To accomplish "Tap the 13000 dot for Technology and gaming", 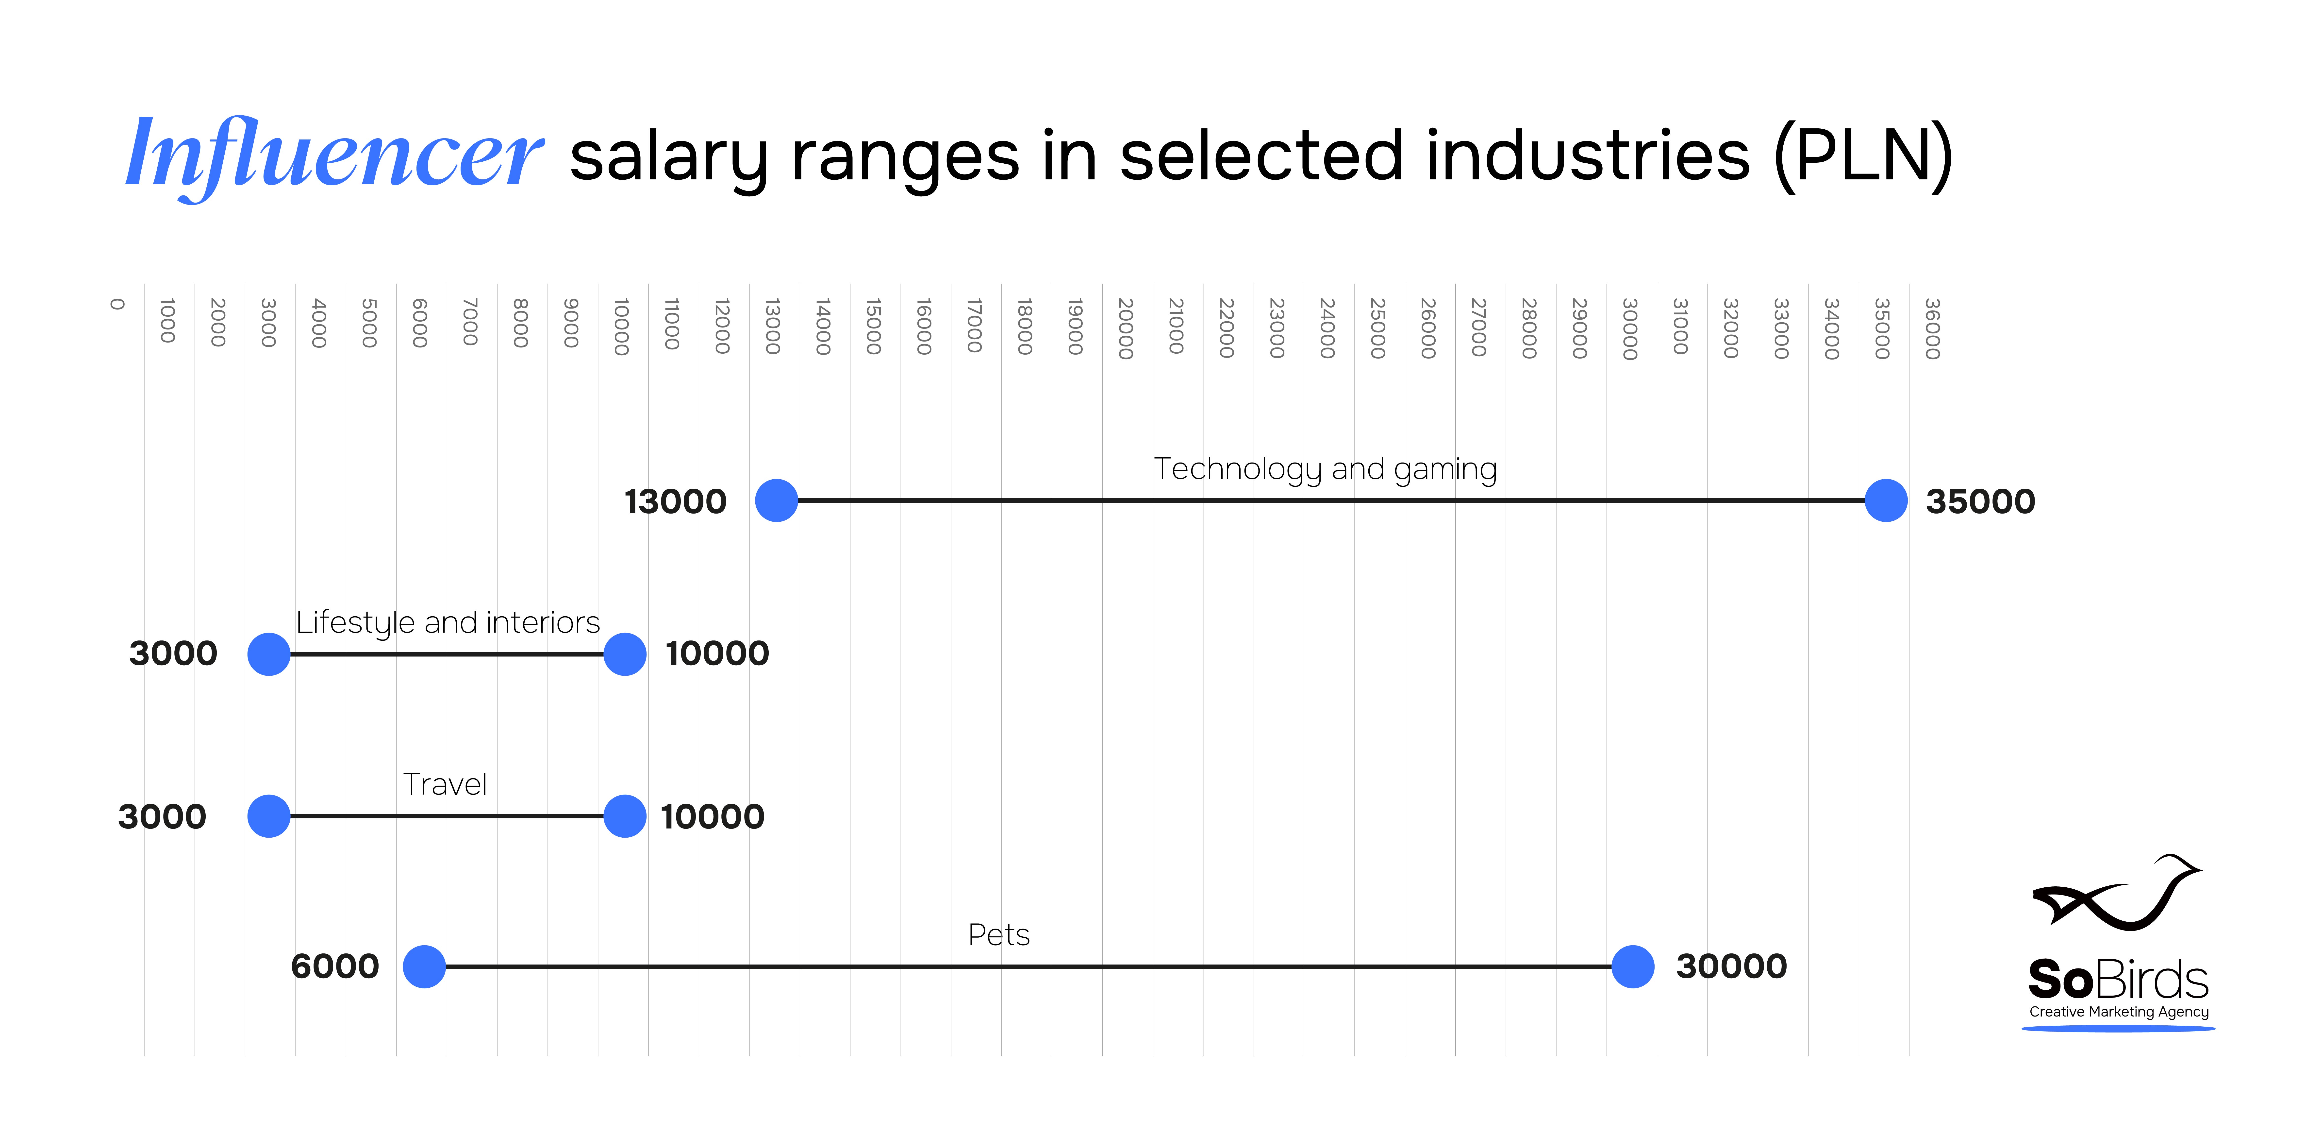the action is click(776, 500).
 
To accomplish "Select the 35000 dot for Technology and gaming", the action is click(1886, 500).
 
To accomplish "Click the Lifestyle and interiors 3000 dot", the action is click(268, 655).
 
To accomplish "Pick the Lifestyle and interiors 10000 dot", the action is click(625, 655).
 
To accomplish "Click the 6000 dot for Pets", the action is click(424, 967).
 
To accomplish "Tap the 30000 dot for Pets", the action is click(1633, 967).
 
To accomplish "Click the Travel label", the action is click(445, 784).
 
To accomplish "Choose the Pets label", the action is click(999, 935).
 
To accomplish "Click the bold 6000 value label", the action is click(335, 967).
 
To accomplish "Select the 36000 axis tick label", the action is click(1933, 328).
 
